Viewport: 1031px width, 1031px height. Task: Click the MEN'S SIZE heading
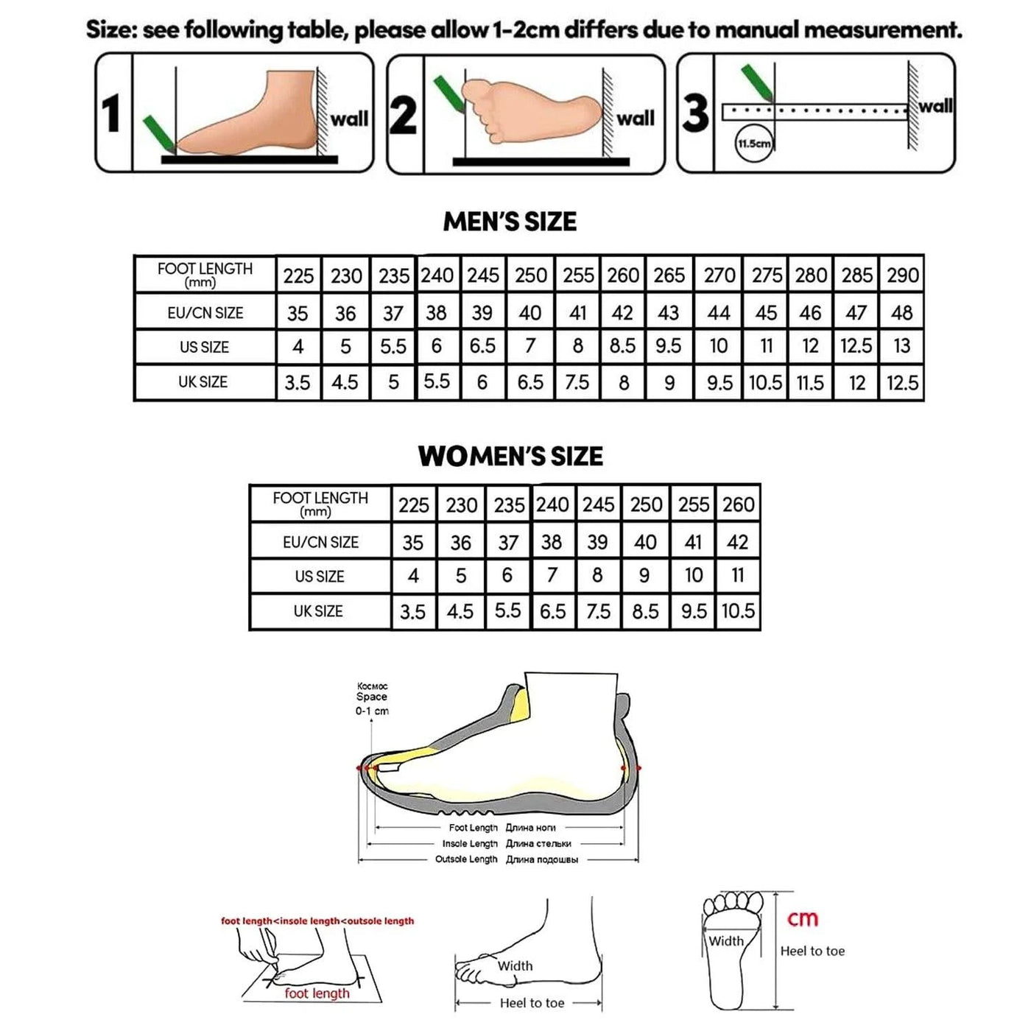(510, 222)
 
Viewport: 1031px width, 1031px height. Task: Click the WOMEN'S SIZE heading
(510, 457)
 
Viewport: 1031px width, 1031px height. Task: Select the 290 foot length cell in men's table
(902, 275)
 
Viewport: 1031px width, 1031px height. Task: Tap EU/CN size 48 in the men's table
(901, 313)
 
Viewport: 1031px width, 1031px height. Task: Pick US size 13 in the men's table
(901, 346)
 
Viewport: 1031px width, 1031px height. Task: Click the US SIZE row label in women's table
(320, 577)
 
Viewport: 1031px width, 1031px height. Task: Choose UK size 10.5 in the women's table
(738, 611)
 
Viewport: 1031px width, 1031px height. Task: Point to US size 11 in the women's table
(738, 576)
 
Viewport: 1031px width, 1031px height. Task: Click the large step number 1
(111, 114)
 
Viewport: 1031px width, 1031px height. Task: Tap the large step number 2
(403, 116)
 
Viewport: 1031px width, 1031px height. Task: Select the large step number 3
(695, 114)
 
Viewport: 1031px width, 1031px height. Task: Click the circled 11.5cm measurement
(754, 144)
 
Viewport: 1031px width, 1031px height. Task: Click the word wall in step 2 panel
(635, 119)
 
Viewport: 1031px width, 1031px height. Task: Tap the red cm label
(803, 918)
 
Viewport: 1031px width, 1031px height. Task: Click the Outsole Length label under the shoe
(466, 859)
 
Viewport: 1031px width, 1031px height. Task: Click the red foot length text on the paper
(317, 993)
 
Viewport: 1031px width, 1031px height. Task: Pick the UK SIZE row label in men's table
(203, 382)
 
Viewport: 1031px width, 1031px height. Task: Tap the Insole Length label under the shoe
(470, 844)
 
